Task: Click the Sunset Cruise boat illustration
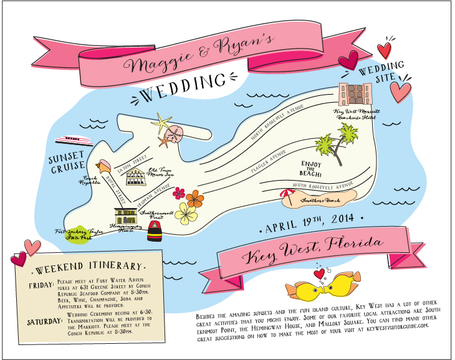point(74,138)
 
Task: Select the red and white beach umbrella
point(287,196)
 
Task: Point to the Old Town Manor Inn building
point(138,178)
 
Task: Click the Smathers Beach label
point(318,202)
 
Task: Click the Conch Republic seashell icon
point(104,166)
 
